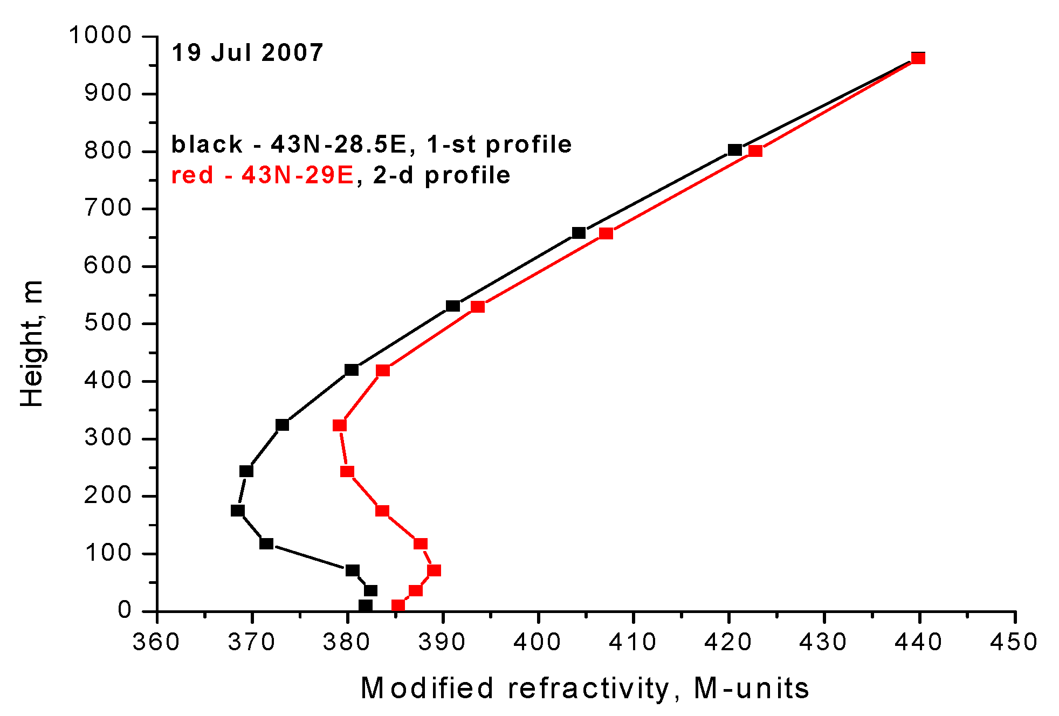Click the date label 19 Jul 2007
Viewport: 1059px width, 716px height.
(247, 53)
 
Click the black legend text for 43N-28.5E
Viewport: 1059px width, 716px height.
(371, 144)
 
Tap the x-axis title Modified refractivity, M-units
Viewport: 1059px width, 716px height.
(585, 689)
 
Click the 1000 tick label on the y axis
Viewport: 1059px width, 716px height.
(101, 36)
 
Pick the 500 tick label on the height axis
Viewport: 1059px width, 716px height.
(108, 323)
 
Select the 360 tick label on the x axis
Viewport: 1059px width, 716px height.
(156, 642)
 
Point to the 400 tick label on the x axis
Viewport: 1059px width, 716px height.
(538, 642)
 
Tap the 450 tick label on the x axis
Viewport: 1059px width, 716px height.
(1014, 642)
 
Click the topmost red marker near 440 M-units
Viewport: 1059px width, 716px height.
(918, 58)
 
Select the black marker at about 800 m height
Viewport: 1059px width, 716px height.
(734, 150)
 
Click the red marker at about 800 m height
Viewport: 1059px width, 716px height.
(755, 151)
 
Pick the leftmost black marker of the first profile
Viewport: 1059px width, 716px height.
(238, 511)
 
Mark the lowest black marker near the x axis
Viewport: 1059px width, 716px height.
(366, 605)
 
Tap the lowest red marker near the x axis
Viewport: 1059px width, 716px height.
(398, 605)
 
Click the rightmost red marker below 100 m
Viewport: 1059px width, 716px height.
(434, 570)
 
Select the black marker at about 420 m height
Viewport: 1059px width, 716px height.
(352, 370)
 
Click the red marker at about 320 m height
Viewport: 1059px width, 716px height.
(340, 425)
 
